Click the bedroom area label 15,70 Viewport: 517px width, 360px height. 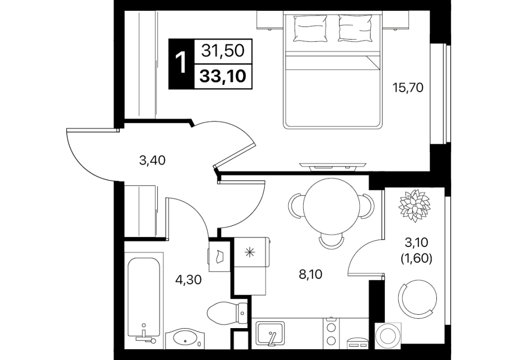408,88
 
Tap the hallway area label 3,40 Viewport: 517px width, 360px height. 152,160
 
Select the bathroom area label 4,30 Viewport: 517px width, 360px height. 188,280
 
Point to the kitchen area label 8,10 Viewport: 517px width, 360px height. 310,274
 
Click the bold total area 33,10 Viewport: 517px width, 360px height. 223,77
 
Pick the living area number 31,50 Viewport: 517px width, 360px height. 223,51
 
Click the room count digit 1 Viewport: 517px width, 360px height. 181,63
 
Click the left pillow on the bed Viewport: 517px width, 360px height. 310,29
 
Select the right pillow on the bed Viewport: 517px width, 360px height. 355,29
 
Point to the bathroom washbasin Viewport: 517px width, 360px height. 184,338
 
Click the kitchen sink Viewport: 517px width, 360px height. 271,333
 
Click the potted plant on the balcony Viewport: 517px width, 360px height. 414,205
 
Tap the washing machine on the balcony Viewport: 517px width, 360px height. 388,336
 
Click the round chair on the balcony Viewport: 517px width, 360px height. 417,298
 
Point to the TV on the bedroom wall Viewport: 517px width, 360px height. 333,167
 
